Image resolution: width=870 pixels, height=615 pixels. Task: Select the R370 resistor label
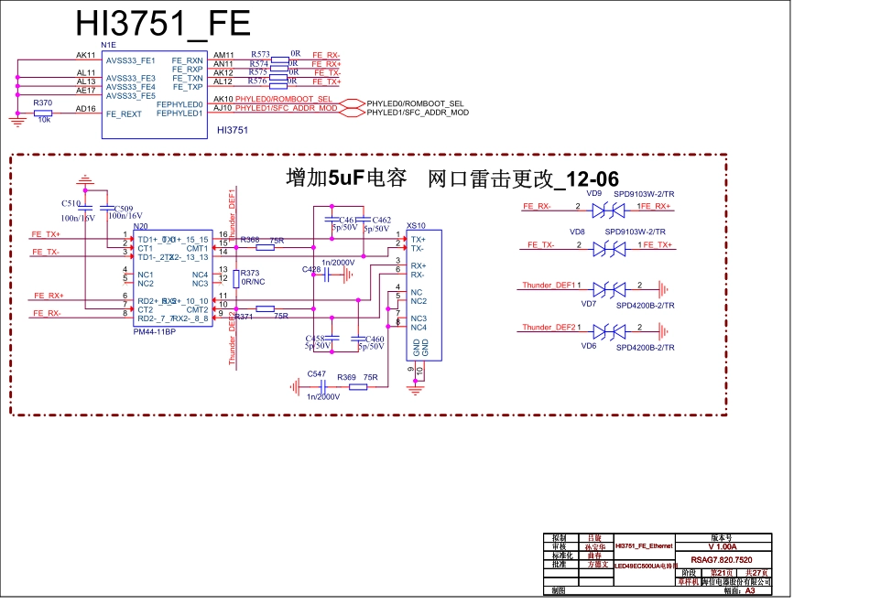(42, 103)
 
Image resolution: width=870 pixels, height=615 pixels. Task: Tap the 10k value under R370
(43, 121)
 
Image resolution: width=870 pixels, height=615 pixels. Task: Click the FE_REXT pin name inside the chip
(124, 114)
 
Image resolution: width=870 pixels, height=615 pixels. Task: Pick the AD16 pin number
(86, 109)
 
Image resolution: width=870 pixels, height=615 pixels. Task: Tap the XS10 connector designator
(416, 225)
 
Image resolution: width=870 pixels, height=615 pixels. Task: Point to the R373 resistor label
(250, 274)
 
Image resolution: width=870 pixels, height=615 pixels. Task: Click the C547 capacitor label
(317, 374)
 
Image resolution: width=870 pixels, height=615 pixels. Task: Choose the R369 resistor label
(346, 377)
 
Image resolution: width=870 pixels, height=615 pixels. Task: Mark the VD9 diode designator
(593, 194)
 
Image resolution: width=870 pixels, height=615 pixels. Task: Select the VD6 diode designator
(589, 347)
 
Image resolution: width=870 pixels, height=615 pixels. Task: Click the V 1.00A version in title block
(722, 546)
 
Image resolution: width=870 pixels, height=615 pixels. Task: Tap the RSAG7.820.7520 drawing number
(722, 559)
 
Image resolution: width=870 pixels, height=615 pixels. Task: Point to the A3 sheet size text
(750, 591)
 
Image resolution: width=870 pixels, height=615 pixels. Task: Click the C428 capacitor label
(310, 270)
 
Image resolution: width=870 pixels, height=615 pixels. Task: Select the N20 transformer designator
(141, 226)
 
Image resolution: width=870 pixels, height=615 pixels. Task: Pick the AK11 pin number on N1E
(86, 55)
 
